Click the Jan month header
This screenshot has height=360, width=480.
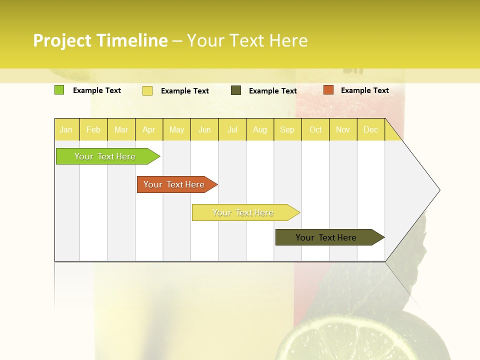pyautogui.click(x=66, y=130)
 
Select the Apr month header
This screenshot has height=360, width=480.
pyautogui.click(x=149, y=130)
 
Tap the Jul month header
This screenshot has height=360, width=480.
pyautogui.click(x=232, y=130)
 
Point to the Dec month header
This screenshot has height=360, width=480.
pyautogui.click(x=371, y=130)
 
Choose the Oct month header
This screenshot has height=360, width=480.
pyautogui.click(x=315, y=130)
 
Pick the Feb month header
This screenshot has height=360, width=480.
pyautogui.click(x=93, y=130)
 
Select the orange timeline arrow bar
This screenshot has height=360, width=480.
pyautogui.click(x=175, y=184)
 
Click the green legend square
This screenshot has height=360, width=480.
pyautogui.click(x=59, y=90)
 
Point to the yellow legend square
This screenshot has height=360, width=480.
pyautogui.click(x=147, y=90)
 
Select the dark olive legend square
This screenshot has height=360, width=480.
pyautogui.click(x=236, y=90)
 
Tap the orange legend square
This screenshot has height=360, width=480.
pyautogui.click(x=328, y=90)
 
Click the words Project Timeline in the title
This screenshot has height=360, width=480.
pyautogui.click(x=100, y=40)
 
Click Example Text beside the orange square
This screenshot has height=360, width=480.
pyautogui.click(x=365, y=90)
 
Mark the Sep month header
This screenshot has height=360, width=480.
pyautogui.click(x=287, y=130)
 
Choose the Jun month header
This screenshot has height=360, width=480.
pyautogui.click(x=204, y=130)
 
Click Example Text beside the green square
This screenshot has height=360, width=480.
pyautogui.click(x=97, y=90)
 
